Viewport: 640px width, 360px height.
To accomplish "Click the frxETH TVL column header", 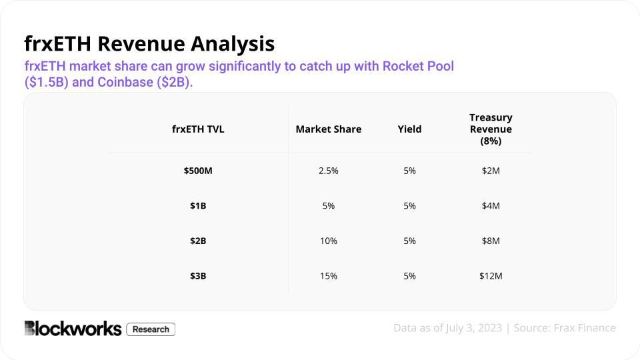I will click(x=198, y=129).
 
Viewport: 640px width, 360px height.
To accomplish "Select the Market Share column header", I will click(x=329, y=129).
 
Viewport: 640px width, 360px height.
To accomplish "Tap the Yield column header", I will click(x=409, y=129).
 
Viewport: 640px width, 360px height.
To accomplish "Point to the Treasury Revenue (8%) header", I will click(x=491, y=129).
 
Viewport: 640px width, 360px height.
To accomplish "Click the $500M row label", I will click(x=198, y=171).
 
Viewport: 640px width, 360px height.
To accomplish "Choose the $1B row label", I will click(x=198, y=206).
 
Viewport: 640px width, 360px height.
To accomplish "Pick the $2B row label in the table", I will click(x=198, y=241).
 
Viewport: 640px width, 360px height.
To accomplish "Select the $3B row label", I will click(x=198, y=276).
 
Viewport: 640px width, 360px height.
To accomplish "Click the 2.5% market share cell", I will click(x=329, y=171).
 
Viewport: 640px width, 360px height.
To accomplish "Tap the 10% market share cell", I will click(x=329, y=241).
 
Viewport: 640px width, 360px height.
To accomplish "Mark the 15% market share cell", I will click(x=329, y=276).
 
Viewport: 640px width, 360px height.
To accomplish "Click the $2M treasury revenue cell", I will click(x=491, y=171).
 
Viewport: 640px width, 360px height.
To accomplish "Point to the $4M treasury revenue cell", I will click(x=491, y=206).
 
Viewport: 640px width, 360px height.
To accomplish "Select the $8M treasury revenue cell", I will click(x=491, y=241).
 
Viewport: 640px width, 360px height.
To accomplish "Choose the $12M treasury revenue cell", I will click(x=491, y=276).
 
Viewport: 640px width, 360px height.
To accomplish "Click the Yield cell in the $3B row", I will click(x=409, y=276).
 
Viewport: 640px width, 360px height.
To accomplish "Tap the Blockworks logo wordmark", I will click(x=73, y=329).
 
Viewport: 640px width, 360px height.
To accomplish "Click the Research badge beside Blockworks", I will click(x=151, y=329).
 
